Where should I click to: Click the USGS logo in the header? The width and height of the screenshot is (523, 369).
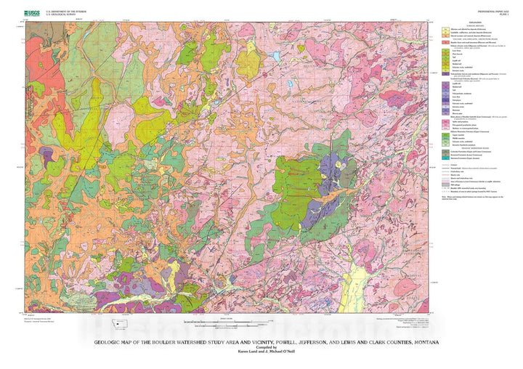(x=32, y=12)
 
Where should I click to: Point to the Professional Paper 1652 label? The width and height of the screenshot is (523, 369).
(x=492, y=11)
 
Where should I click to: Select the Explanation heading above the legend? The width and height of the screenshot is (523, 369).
(x=473, y=23)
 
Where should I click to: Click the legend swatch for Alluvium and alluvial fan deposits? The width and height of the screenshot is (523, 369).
(x=444, y=30)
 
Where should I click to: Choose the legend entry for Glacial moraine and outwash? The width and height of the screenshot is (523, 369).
(x=444, y=38)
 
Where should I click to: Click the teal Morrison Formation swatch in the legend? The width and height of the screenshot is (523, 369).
(x=444, y=158)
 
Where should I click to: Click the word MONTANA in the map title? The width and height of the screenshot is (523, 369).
(x=421, y=341)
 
